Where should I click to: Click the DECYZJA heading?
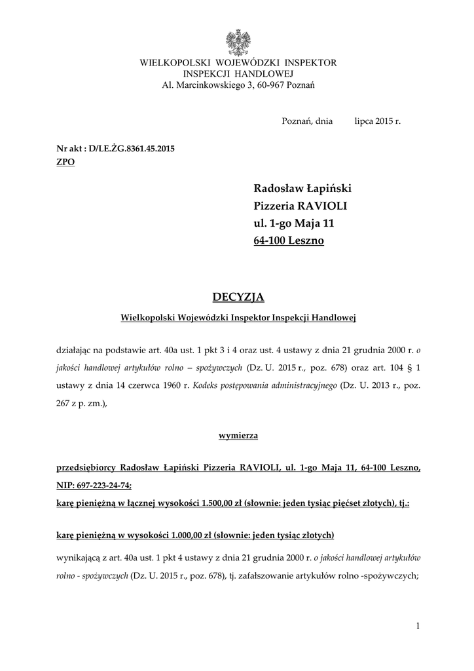[x=238, y=297]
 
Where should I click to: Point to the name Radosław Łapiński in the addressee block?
[x=302, y=189]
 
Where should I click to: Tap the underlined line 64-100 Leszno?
[x=288, y=241]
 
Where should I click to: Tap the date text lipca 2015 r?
[x=377, y=121]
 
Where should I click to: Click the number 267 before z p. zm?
[x=66, y=404]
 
